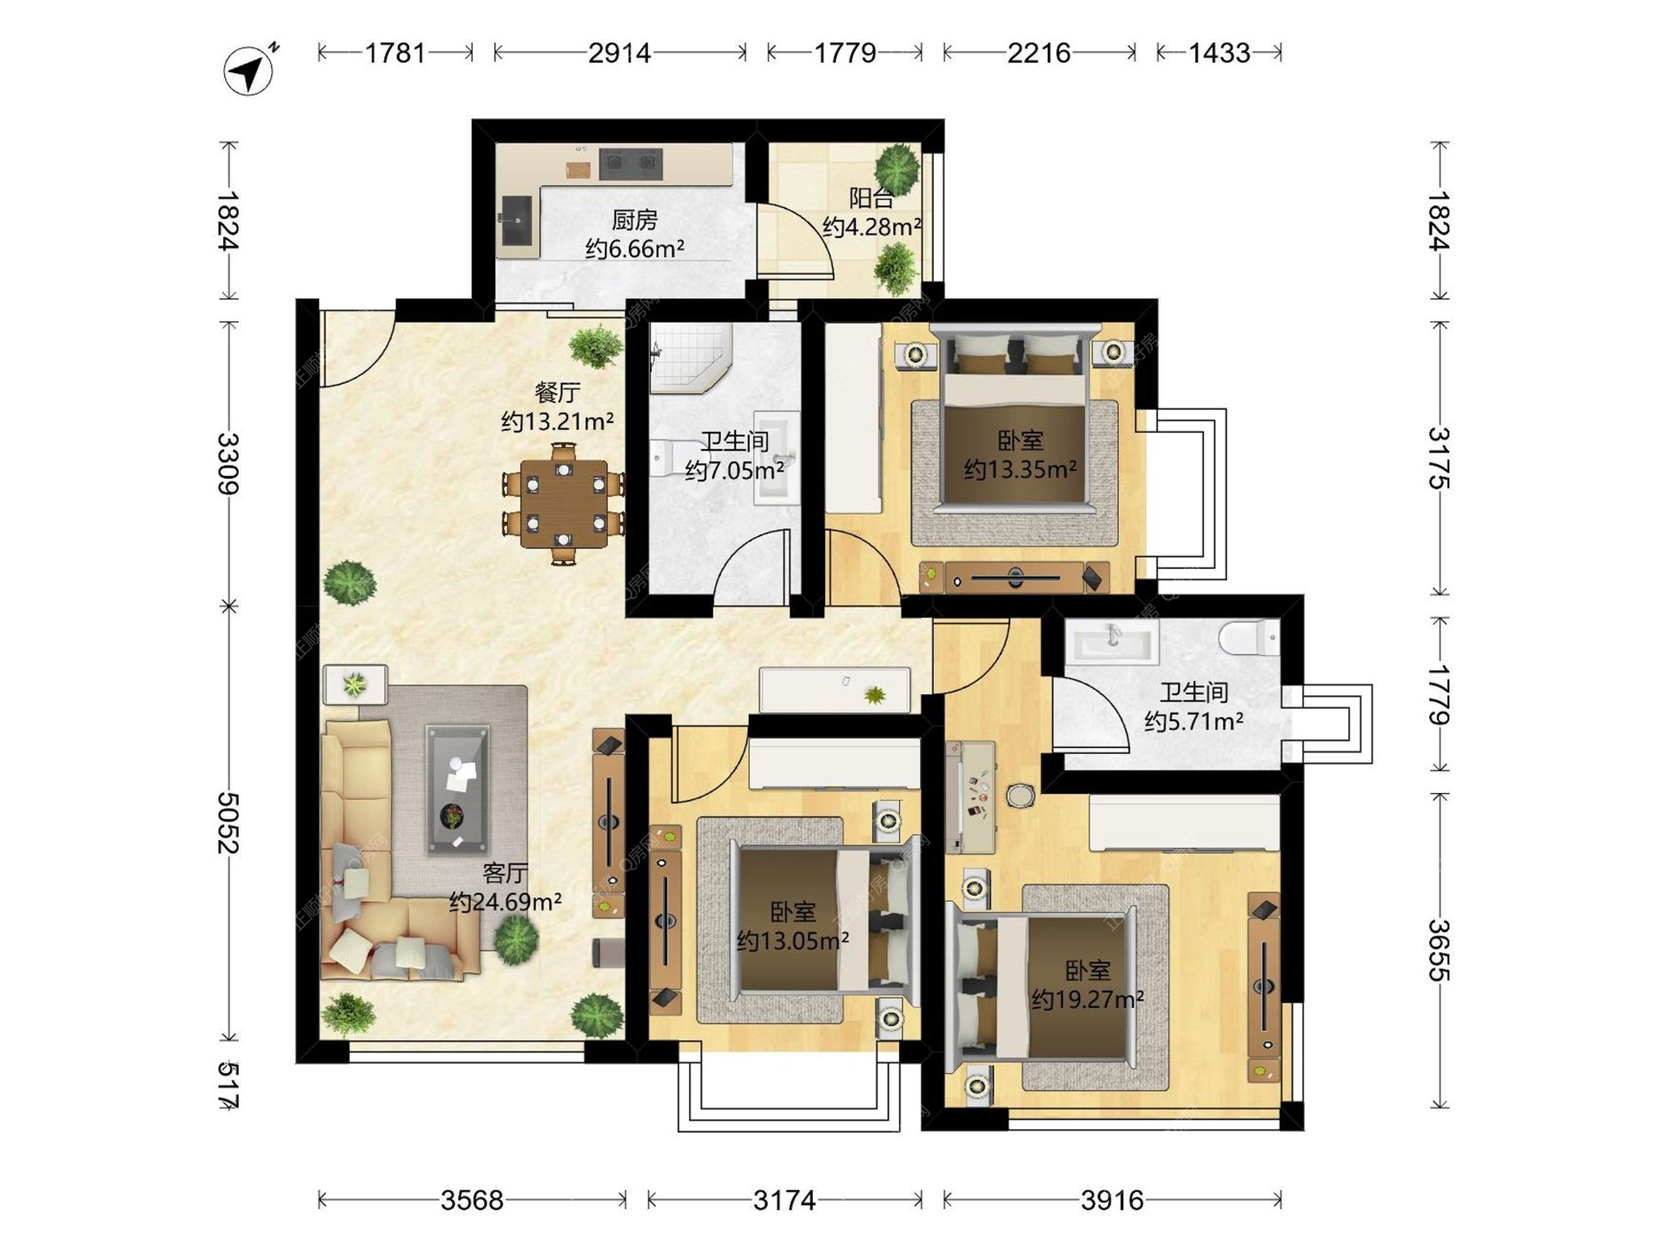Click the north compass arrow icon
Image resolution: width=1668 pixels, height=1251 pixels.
coord(249,69)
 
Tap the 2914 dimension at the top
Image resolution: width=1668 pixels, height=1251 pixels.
coord(619,53)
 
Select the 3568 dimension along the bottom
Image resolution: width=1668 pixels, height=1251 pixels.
coord(472,1201)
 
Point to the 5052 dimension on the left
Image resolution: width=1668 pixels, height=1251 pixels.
coord(228,822)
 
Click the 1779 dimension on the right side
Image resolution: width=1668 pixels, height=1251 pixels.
coord(1440,694)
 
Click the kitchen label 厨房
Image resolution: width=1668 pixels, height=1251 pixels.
coord(634,220)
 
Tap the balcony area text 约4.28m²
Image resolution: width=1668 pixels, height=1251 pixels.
coord(871,227)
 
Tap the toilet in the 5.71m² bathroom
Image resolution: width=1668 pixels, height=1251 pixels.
coord(1248,639)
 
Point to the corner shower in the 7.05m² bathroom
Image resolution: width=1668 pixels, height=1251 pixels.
coord(689,358)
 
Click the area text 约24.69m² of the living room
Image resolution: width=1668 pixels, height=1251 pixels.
coord(506,903)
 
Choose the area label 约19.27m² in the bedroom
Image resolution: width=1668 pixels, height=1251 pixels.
coord(1088,1000)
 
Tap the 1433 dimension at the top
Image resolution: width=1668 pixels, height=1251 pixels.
coord(1219,53)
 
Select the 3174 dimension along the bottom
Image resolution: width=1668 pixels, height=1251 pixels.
coord(784,1201)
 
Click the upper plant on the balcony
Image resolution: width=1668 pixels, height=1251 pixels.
coord(897,168)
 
